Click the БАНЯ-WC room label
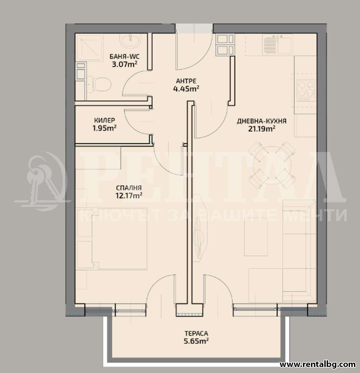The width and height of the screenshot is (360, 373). [x=124, y=57]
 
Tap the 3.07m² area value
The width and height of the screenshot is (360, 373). [x=125, y=64]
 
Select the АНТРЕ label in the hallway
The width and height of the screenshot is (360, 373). [x=186, y=81]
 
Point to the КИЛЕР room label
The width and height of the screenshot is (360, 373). [x=104, y=120]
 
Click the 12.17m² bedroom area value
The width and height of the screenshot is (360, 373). [x=129, y=196]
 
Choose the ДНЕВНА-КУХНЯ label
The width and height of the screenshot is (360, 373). [x=261, y=121]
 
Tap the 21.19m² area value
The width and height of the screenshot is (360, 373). [x=262, y=129]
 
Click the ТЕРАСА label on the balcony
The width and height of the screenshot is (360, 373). [x=196, y=334]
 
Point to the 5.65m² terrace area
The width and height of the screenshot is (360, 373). [x=196, y=341]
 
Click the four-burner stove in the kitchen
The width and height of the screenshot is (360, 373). [x=306, y=90]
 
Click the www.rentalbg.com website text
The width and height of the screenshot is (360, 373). [x=317, y=364]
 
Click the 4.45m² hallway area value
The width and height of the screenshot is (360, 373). [x=186, y=89]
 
